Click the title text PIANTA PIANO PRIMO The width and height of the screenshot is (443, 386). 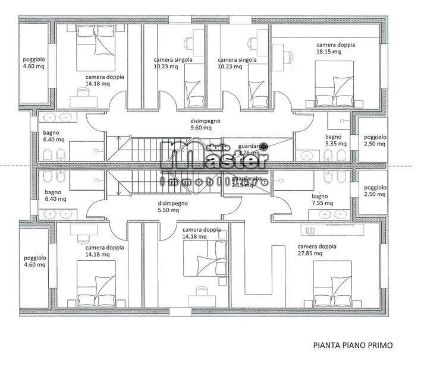click(353, 344)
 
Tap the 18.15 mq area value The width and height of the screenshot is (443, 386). click(328, 52)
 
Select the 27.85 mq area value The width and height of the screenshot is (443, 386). click(310, 254)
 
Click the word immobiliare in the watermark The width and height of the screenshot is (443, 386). click(215, 180)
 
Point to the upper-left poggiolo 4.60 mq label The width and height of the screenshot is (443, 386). click(34, 64)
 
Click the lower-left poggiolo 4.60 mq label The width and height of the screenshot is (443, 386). click(34, 261)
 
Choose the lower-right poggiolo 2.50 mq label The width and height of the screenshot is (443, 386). click(375, 191)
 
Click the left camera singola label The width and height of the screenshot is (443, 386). click(172, 63)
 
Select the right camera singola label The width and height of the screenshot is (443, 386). click(237, 63)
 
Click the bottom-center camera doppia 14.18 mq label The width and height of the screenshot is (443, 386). click(202, 233)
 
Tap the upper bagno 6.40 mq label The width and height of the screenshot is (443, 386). click(54, 137)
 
